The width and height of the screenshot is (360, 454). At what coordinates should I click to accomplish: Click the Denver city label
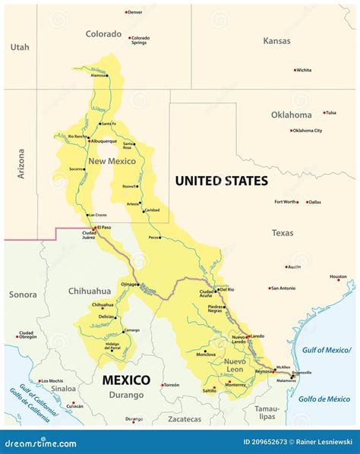pos(135,12)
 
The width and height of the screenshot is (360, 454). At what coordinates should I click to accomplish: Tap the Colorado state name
pos(103,34)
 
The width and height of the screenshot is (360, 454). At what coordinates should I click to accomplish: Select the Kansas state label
pos(276,40)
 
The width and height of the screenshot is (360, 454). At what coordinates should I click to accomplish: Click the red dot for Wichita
pos(295,70)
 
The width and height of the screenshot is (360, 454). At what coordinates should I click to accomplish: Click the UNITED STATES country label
pos(221,181)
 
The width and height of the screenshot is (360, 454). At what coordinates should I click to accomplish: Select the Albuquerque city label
pos(104,140)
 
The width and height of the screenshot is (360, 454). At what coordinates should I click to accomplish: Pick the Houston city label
pos(338,277)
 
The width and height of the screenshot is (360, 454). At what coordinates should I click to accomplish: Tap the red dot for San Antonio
pos(270,288)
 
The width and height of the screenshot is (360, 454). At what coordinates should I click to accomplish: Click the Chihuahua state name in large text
pos(89,291)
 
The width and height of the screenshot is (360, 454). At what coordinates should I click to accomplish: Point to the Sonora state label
pos(23,294)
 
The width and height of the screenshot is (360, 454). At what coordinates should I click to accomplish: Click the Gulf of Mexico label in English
pos(326,349)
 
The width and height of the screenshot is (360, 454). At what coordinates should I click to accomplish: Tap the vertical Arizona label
pos(21,163)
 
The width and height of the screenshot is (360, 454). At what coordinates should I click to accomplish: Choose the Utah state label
pos(20,47)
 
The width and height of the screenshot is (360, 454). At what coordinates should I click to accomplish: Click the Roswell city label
pos(131,186)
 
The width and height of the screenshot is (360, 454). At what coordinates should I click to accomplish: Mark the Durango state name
pos(125,395)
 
